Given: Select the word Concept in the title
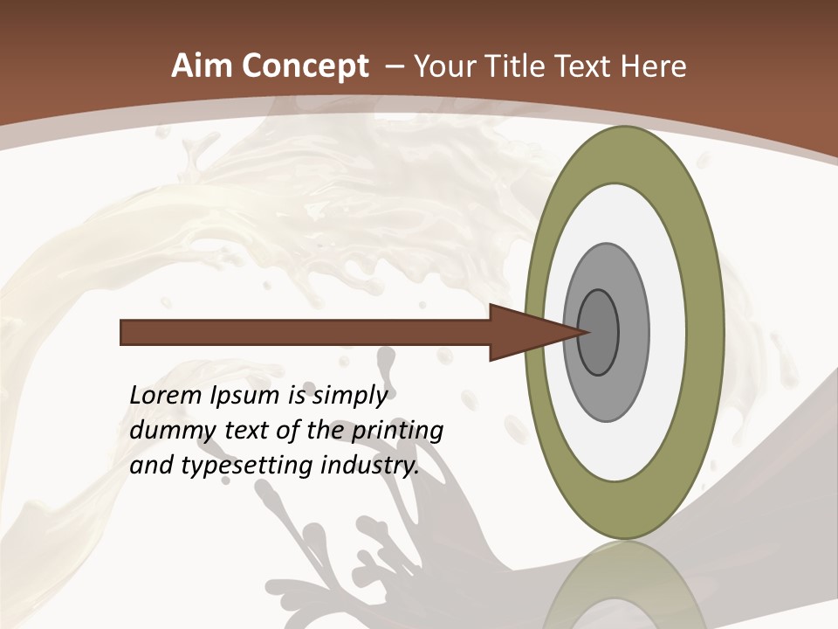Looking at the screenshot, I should pos(306,66).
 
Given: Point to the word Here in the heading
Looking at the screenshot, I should pos(654,66).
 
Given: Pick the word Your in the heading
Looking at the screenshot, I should pos(448,66).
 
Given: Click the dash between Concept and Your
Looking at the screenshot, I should pos(394,67).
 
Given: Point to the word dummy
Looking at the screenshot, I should pos(166,432).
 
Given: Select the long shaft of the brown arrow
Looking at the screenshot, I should pos(306,333).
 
